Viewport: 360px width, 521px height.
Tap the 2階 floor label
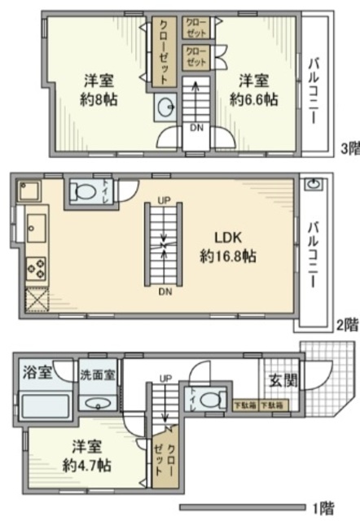point(347,324)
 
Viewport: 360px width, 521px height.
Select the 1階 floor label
point(324,509)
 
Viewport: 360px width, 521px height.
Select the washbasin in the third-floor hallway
point(166,107)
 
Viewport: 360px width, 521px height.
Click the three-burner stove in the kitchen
point(37,267)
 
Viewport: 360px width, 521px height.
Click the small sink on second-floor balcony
point(313,185)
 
